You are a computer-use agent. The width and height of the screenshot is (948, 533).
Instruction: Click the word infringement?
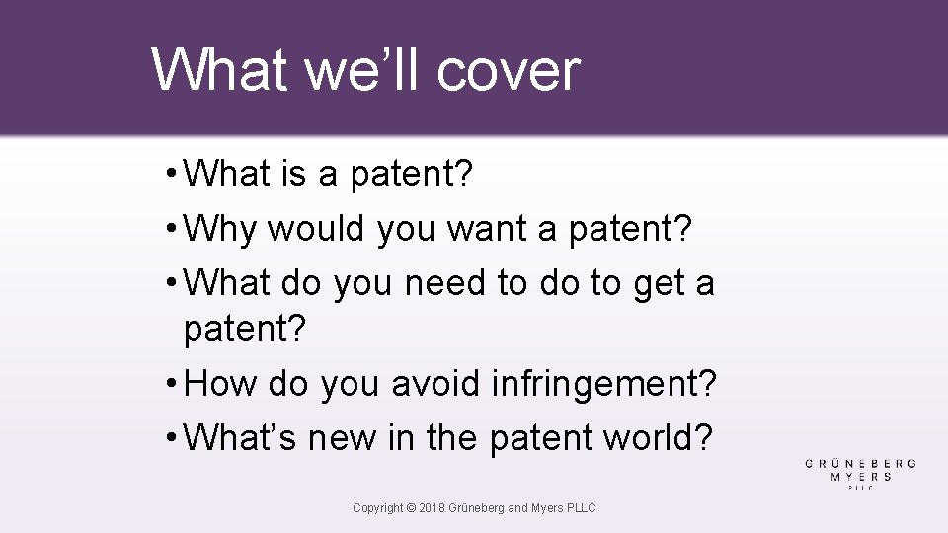click(604, 383)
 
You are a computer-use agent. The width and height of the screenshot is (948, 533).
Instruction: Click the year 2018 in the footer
click(432, 508)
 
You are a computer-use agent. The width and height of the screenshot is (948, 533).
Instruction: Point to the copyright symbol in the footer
click(410, 508)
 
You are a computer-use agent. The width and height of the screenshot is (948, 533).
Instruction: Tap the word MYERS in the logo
click(861, 476)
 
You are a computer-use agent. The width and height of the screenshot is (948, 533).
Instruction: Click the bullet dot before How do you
click(172, 383)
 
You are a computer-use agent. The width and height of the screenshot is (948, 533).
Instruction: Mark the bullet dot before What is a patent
click(172, 175)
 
